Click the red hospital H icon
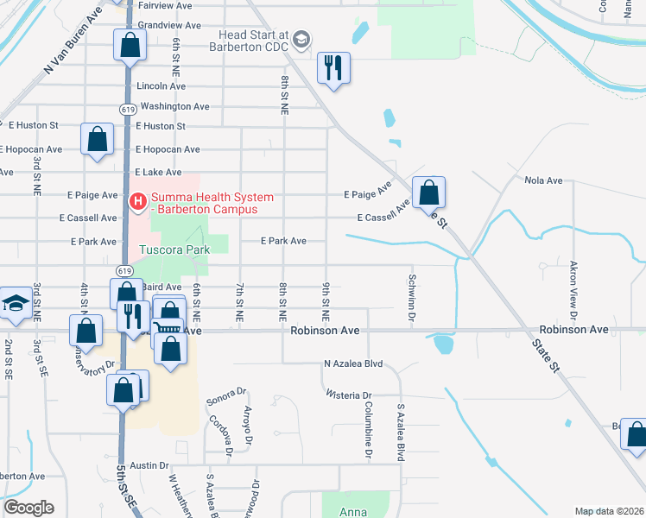pos(137,202)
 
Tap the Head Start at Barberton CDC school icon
pos(301,39)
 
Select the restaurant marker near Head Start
pos(333,67)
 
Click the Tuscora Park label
pos(174,250)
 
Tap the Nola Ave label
pos(543,180)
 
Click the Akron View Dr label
pos(573,287)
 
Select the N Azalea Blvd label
pos(353,364)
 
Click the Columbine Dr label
pos(368,428)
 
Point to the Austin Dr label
pos(152,465)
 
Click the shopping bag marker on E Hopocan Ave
pos(98,139)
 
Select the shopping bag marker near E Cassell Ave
pos(428,193)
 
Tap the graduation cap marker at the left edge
pos(15,303)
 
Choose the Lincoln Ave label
pos(161,86)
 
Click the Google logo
pos(28,508)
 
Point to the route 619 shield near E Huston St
pos(126,109)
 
